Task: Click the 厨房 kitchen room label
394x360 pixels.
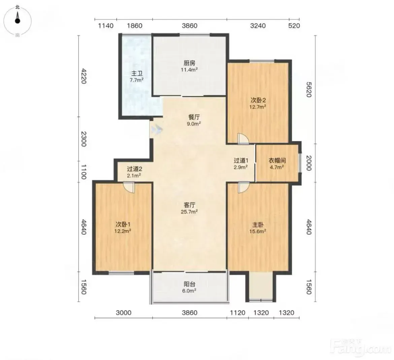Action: click(x=189, y=63)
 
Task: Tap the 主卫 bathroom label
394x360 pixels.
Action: click(x=137, y=74)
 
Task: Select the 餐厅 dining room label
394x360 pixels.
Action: click(x=194, y=117)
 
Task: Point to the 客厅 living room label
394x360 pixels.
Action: click(x=189, y=205)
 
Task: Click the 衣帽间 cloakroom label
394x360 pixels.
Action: click(x=277, y=160)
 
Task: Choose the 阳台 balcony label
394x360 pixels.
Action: click(x=189, y=284)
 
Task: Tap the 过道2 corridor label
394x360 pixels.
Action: click(x=134, y=169)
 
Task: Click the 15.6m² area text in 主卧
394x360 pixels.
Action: click(x=258, y=231)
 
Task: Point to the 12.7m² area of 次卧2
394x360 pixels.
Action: click(x=258, y=107)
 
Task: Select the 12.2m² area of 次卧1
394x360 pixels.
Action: click(x=123, y=231)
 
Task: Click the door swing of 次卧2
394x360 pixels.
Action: click(x=243, y=139)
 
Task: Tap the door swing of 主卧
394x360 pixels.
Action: click(x=243, y=187)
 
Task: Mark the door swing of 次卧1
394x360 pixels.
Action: click(x=129, y=188)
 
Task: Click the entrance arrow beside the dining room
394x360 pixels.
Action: click(x=157, y=129)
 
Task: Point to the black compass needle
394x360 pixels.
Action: click(x=17, y=18)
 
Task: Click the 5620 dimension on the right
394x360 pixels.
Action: click(x=309, y=89)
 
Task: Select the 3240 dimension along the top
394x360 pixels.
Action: click(x=258, y=26)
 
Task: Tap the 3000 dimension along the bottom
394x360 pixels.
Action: click(x=123, y=313)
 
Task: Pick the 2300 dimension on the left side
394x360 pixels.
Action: click(x=84, y=139)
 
